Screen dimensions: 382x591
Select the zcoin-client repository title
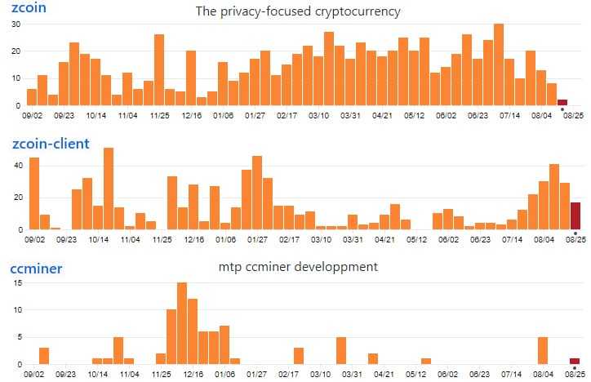click(x=51, y=144)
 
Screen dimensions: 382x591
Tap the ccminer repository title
click(x=37, y=268)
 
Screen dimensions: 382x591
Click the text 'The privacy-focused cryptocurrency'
click(x=298, y=11)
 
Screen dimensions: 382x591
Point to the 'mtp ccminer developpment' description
click(x=299, y=267)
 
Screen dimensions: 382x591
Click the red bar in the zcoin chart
click(x=562, y=102)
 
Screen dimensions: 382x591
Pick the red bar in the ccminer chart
click(x=575, y=361)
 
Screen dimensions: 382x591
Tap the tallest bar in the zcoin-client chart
click(x=109, y=189)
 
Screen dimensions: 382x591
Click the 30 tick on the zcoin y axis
click(x=16, y=24)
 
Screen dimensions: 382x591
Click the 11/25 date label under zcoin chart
click(x=160, y=116)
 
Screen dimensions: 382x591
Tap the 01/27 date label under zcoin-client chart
click(x=257, y=240)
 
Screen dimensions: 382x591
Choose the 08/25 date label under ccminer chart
click(x=576, y=374)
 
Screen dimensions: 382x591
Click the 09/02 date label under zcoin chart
click(x=34, y=116)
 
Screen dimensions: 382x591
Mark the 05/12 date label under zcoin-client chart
click(x=417, y=240)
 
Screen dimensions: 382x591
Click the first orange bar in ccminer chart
click(x=44, y=355)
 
